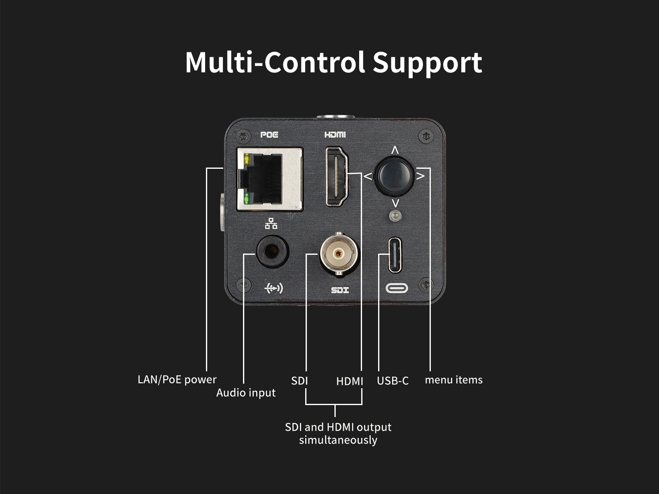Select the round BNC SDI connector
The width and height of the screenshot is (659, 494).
point(339,254)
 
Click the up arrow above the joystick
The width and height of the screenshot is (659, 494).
point(395,150)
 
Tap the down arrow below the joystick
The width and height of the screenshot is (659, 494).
point(395,203)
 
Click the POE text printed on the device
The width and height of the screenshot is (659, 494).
point(269,135)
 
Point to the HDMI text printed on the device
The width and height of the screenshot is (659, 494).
point(335,135)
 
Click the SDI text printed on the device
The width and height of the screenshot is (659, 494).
point(340,290)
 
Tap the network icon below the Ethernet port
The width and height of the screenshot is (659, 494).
point(271,224)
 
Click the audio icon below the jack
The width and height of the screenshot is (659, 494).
point(273,289)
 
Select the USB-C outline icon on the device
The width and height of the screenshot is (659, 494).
point(397,288)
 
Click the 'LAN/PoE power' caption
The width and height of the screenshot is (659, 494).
point(177,380)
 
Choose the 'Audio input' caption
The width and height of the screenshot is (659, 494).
point(246,393)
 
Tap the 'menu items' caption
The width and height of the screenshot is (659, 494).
point(453,380)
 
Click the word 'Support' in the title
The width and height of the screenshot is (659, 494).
point(427,63)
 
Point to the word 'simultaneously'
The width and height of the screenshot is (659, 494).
point(338,440)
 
